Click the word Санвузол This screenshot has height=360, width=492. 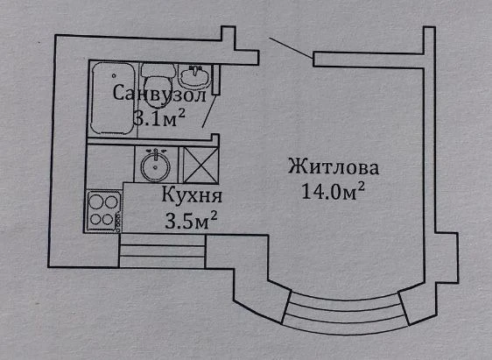click(159, 93)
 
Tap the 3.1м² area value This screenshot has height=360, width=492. click(159, 117)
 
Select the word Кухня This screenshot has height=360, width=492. click(192, 195)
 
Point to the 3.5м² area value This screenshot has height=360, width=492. click(191, 220)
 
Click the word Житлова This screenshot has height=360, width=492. click(334, 167)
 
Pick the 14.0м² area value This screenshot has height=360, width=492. click(333, 191)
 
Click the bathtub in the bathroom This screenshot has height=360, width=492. click(112, 99)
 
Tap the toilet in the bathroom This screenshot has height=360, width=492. click(158, 84)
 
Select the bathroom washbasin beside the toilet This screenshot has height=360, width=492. click(194, 76)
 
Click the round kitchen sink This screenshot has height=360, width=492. click(155, 165)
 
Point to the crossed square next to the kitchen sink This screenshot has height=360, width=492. click(200, 165)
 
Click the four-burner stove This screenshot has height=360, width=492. click(104, 211)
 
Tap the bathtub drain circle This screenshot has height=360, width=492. click(114, 75)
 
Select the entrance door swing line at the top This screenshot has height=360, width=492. click(291, 47)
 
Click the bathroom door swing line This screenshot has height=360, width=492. click(209, 110)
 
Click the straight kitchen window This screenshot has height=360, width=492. click(162, 251)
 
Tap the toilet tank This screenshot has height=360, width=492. click(158, 71)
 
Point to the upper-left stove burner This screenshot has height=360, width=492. click(95, 201)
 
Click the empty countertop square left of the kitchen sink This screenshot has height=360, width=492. click(110, 163)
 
